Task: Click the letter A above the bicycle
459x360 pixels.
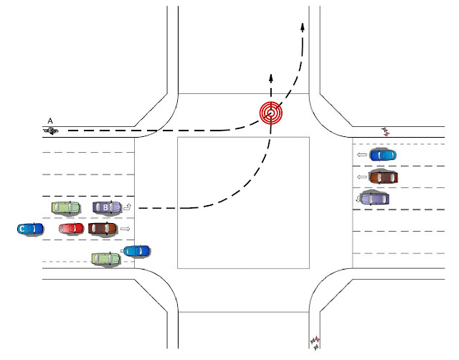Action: click(x=50, y=120)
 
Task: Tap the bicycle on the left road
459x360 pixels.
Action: click(x=51, y=131)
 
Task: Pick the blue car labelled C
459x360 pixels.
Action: click(x=30, y=229)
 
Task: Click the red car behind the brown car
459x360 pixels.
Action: click(x=72, y=228)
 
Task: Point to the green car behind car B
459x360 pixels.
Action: click(x=66, y=208)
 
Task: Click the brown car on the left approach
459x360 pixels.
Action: click(x=103, y=229)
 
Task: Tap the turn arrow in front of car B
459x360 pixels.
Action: click(x=128, y=207)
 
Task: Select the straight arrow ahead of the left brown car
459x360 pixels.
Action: click(x=125, y=229)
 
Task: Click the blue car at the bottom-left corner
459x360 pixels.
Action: click(x=136, y=251)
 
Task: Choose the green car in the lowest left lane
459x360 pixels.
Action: click(x=105, y=258)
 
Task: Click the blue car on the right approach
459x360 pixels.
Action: click(x=383, y=155)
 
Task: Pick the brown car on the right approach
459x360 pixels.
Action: click(x=383, y=176)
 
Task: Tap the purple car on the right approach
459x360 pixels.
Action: click(x=374, y=198)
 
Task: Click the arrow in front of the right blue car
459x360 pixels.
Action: click(x=361, y=155)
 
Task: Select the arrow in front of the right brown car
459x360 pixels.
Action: click(x=361, y=176)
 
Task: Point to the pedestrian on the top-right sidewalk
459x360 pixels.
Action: click(x=386, y=131)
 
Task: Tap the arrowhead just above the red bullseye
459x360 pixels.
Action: click(x=271, y=76)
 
